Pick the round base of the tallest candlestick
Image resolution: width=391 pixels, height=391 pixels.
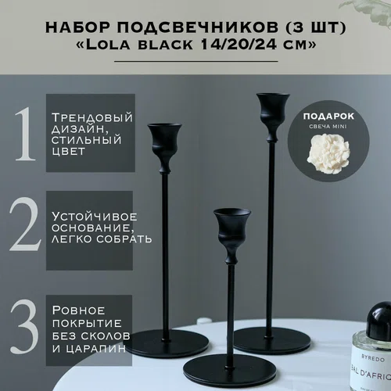point(272,337)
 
